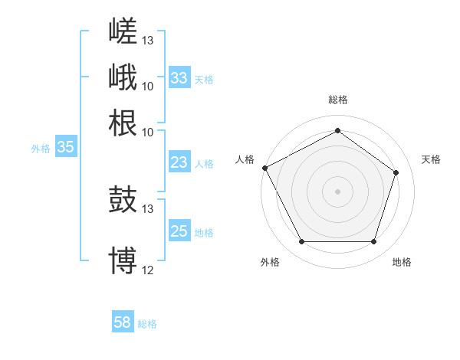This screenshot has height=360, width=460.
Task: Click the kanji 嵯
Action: click(123, 31)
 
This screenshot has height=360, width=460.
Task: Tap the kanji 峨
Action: click(123, 77)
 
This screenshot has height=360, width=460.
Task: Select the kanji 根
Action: click(123, 123)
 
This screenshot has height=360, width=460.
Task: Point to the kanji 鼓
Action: click(123, 199)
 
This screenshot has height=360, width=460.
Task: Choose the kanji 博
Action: click(123, 260)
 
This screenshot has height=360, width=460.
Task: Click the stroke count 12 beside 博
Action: click(147, 270)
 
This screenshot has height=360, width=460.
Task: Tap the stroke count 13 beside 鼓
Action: click(147, 209)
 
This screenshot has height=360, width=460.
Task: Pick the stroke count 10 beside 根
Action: click(147, 133)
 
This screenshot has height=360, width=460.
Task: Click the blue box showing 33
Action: click(179, 77)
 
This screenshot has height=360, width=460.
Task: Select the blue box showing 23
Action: click(179, 162)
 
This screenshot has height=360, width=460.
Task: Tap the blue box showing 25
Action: click(179, 230)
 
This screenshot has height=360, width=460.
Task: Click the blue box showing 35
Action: click(66, 146)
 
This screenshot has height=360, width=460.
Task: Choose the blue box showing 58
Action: click(123, 321)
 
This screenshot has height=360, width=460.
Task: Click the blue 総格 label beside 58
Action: click(147, 324)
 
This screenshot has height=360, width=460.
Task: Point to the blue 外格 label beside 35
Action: click(41, 149)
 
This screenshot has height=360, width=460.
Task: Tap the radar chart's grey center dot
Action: click(337, 191)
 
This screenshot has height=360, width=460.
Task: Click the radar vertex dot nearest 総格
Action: click(337, 130)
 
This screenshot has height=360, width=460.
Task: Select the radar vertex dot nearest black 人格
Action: click(265, 168)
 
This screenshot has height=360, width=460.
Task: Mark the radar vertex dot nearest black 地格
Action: click(373, 241)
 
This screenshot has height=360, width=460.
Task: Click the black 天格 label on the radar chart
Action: click(431, 159)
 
